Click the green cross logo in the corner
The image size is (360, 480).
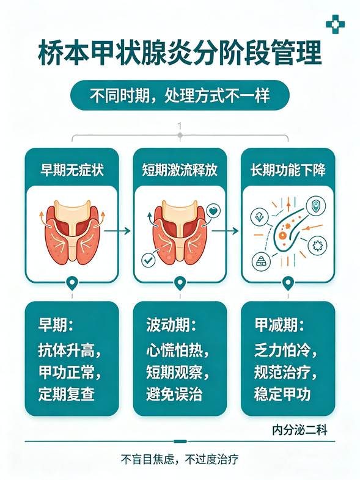335,24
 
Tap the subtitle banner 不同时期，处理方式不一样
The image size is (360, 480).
180,95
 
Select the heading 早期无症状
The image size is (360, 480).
72,170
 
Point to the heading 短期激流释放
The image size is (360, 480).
180,170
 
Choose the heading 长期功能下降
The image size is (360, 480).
288,170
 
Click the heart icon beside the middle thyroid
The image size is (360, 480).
213,211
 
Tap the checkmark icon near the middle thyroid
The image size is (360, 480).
149,260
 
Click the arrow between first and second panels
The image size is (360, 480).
117,231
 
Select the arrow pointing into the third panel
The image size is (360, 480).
225,231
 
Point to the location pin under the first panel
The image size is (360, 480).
72,283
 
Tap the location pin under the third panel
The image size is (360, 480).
288,283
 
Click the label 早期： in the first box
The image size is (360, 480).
56,325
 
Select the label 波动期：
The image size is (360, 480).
171,325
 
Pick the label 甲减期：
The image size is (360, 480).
279,325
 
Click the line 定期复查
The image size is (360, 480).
67,394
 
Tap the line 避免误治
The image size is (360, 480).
174,394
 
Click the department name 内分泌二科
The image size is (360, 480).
299,430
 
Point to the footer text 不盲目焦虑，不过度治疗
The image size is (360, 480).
180,459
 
